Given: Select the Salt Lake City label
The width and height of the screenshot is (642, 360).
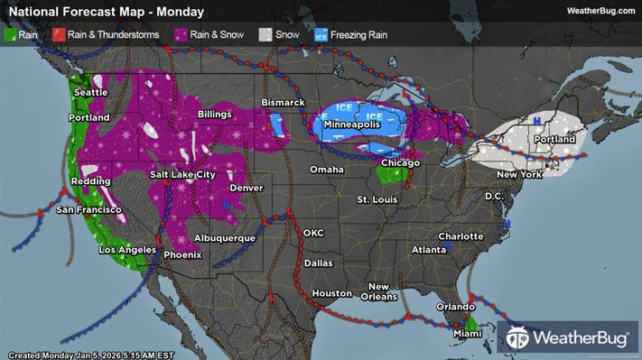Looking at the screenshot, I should pyautogui.click(x=183, y=174).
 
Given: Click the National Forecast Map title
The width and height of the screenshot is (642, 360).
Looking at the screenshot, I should pyautogui.click(x=105, y=11).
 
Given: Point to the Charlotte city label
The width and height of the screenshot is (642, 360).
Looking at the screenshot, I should pyautogui.click(x=461, y=235).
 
